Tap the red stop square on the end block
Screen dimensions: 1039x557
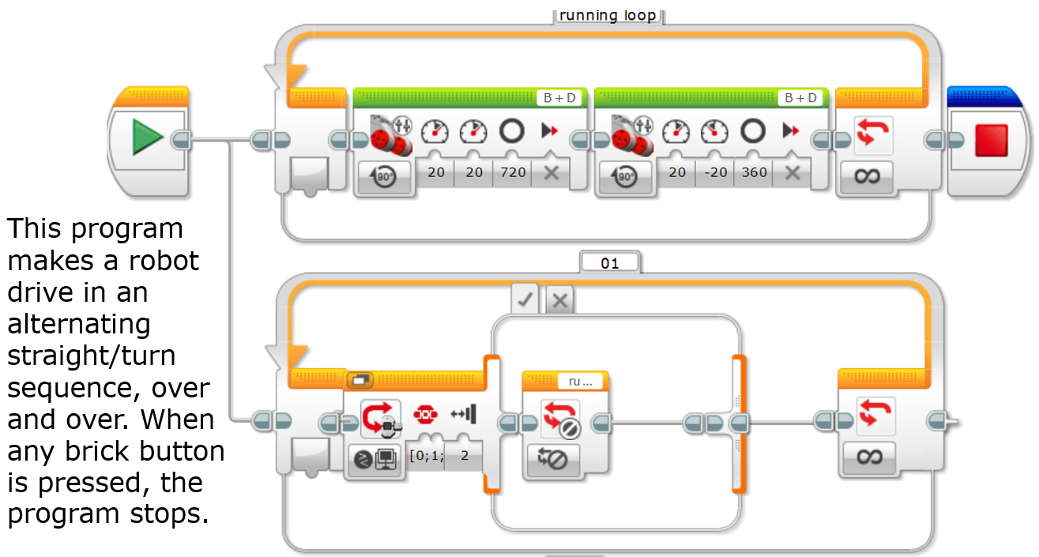pyautogui.click(x=992, y=140)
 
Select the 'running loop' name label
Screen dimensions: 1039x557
pyautogui.click(x=608, y=15)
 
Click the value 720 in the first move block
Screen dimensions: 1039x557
pyautogui.click(x=513, y=172)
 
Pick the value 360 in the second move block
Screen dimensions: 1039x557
pyautogui.click(x=754, y=172)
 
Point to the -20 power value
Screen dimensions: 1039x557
pyautogui.click(x=716, y=172)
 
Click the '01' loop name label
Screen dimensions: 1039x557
pyautogui.click(x=609, y=263)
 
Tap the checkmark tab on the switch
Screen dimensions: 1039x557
pyautogui.click(x=525, y=299)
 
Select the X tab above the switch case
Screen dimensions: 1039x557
pyautogui.click(x=560, y=300)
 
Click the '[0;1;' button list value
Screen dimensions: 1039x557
pyautogui.click(x=427, y=455)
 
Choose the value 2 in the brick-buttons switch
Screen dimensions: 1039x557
pyautogui.click(x=465, y=455)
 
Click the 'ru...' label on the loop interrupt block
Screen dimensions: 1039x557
pyautogui.click(x=580, y=382)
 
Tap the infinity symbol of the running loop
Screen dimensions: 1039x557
pyautogui.click(x=867, y=176)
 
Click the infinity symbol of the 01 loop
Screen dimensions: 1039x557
pyautogui.click(x=870, y=457)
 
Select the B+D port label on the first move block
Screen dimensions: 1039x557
pyautogui.click(x=559, y=98)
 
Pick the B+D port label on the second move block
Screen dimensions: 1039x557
pyautogui.click(x=800, y=98)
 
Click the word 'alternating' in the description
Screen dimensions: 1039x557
pyautogui.click(x=79, y=325)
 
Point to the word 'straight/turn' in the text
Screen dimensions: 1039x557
pyautogui.click(x=92, y=356)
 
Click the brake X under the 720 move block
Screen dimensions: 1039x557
pyautogui.click(x=551, y=173)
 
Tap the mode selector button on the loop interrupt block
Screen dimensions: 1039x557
pyautogui.click(x=552, y=460)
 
